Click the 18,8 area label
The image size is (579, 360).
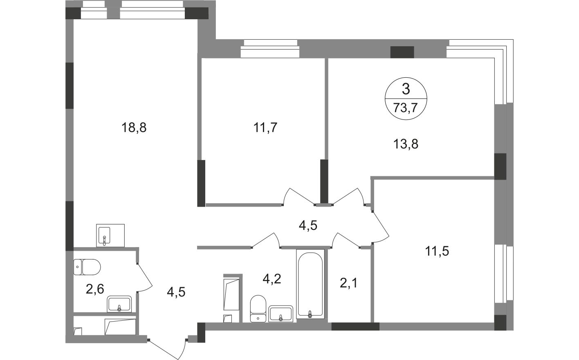point(134,128)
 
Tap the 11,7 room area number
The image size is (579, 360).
point(265,128)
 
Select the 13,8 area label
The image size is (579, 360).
point(406,144)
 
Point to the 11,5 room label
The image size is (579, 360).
point(437,251)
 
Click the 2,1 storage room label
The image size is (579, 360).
point(348,283)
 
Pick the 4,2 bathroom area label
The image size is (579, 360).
point(272,279)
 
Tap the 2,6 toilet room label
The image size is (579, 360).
point(95,289)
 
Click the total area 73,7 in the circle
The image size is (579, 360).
point(406,108)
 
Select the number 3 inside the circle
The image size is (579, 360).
point(406,89)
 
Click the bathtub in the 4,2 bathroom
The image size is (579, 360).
point(310,284)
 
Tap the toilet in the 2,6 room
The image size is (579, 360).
point(87,267)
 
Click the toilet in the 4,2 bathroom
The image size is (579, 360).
point(258,308)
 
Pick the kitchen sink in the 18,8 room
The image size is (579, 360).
point(110,235)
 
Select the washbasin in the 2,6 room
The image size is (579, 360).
point(119,304)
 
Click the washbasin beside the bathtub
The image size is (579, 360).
point(281,314)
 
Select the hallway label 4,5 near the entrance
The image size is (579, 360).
point(176,292)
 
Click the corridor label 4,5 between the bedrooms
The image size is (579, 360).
point(308,225)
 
